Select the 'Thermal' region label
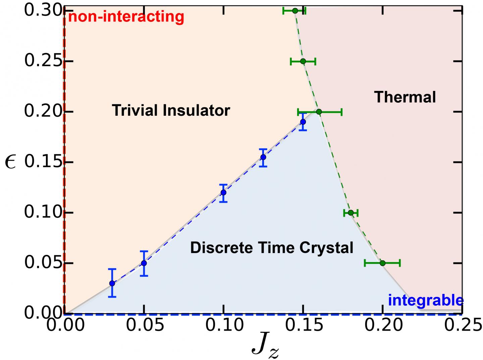[405, 97]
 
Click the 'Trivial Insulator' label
[171, 110]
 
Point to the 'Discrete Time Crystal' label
[272, 248]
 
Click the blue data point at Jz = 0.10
[223, 193]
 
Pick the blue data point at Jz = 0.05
[144, 263]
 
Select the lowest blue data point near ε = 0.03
[112, 283]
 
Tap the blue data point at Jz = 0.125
[263, 157]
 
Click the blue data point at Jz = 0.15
[303, 122]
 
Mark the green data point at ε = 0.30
[295, 11]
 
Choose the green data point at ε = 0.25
[303, 61]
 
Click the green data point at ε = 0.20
[319, 112]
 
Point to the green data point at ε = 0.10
[351, 213]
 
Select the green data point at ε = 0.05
[382, 263]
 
